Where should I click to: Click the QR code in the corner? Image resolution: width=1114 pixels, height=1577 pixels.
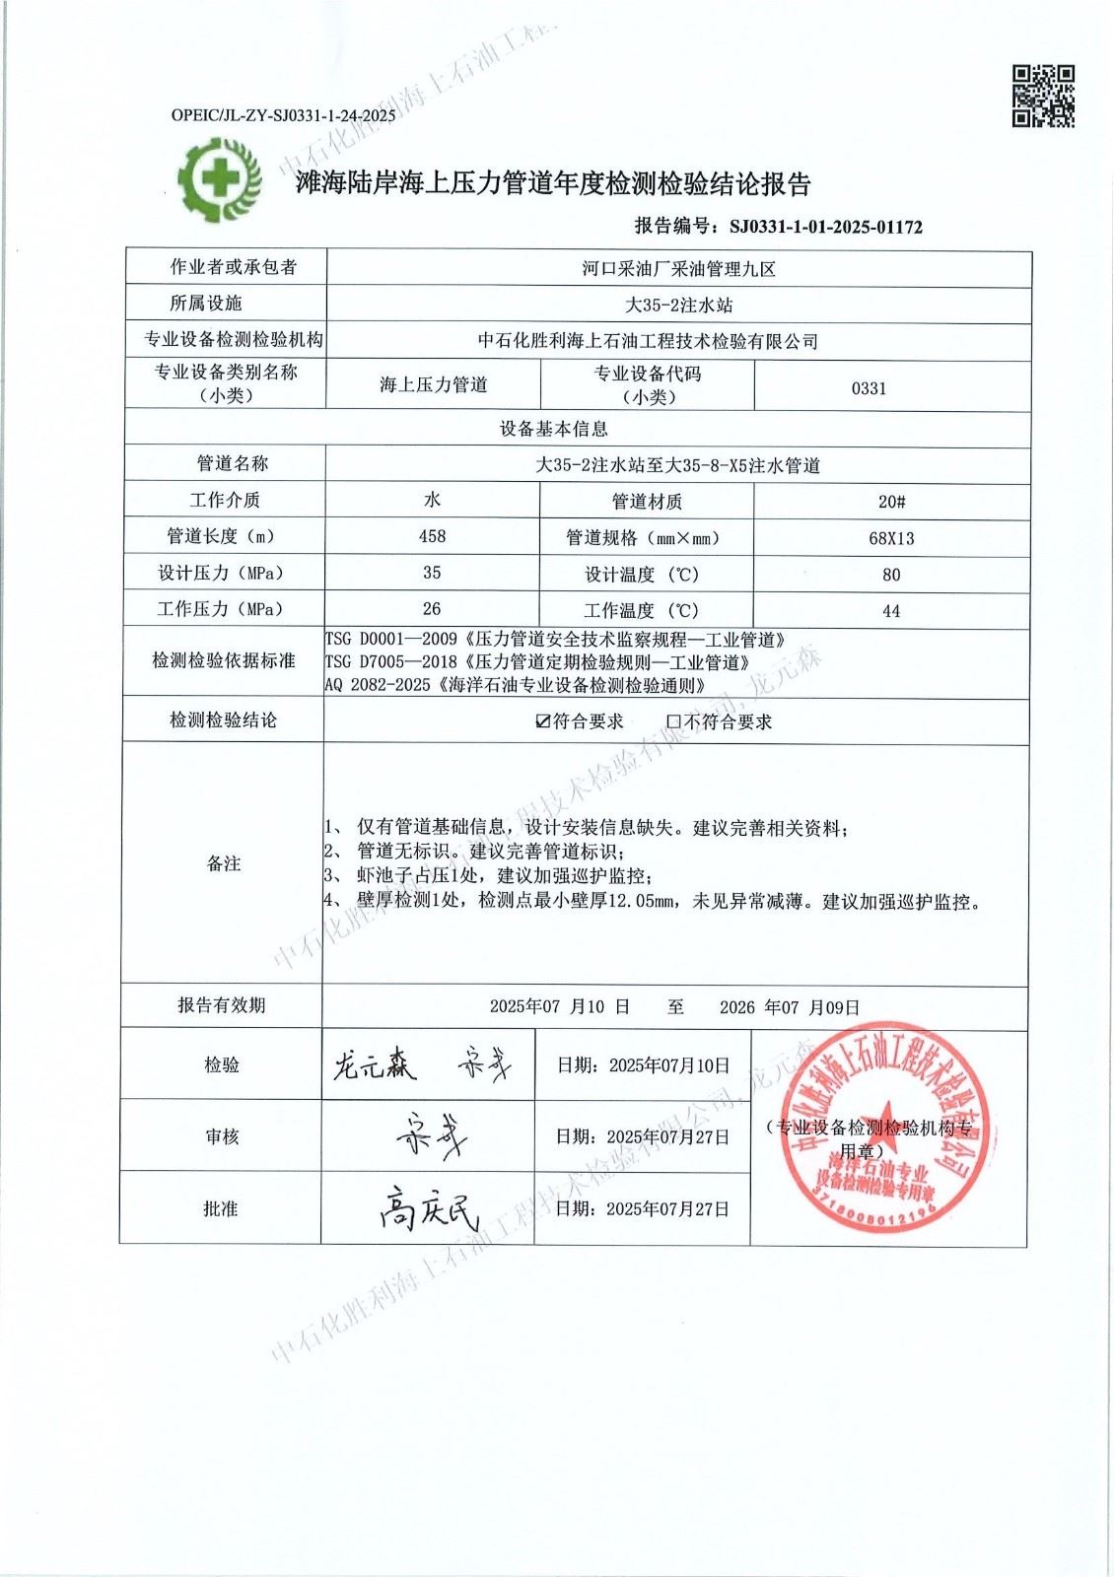[1043, 97]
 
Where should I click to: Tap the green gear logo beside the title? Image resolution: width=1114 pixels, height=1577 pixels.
[220, 180]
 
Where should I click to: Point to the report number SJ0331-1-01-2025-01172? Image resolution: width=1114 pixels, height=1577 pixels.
[826, 227]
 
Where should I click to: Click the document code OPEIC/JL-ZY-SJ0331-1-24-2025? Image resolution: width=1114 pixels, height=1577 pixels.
[283, 115]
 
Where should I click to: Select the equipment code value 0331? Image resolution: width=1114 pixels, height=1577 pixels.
[869, 388]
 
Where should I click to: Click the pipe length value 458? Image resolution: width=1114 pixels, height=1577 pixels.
[432, 536]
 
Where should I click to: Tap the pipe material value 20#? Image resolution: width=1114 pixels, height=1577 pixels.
[891, 502]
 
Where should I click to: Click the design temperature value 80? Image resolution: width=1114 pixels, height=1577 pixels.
[891, 575]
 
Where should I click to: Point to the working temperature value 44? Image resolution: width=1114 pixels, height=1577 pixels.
[891, 611]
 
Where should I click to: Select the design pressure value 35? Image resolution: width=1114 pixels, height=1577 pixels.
[432, 573]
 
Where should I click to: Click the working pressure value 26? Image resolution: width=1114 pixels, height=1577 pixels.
[432, 609]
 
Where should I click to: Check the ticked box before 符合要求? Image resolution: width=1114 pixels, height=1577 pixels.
[542, 721]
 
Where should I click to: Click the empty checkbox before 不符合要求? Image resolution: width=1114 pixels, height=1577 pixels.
[674, 721]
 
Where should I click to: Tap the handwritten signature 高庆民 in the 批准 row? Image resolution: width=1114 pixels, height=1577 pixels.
[428, 1209]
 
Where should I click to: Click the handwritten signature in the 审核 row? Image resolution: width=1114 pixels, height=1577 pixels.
[430, 1137]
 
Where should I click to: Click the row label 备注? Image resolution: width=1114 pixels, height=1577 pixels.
[224, 863]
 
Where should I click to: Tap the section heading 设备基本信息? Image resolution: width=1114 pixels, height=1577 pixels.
[554, 429]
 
